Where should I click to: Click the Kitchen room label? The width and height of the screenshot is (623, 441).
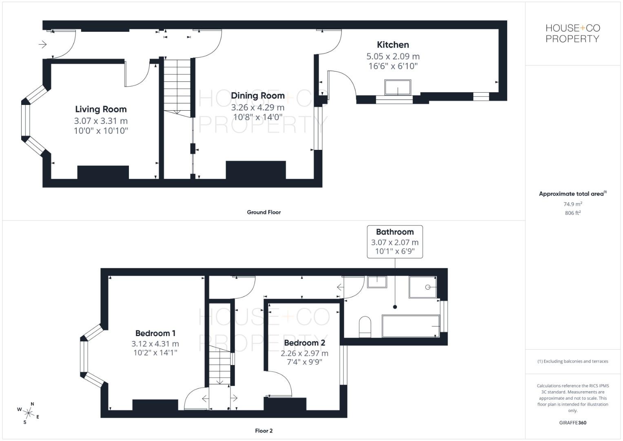(x=392, y=45)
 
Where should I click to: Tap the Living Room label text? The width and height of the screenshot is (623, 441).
(x=101, y=109)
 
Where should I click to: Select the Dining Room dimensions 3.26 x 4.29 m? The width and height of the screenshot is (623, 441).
(x=257, y=108)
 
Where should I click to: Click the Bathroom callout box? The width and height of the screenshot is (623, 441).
(x=395, y=242)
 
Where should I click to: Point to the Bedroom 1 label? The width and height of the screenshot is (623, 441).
(x=155, y=333)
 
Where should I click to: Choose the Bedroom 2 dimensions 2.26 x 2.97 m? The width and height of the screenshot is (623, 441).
(x=304, y=353)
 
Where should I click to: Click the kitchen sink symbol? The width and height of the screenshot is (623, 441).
(x=397, y=87)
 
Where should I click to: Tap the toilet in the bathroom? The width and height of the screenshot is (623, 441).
(x=365, y=326)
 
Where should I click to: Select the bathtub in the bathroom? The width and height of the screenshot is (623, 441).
(x=410, y=326)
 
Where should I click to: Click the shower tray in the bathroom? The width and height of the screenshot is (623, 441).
(x=423, y=287)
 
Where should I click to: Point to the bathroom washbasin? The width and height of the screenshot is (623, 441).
(x=377, y=282)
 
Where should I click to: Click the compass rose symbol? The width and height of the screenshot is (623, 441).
(x=29, y=413)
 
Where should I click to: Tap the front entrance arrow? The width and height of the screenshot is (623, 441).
(x=42, y=44)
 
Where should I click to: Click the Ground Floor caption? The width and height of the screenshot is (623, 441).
(x=264, y=212)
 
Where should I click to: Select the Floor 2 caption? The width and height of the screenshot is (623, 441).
(x=264, y=431)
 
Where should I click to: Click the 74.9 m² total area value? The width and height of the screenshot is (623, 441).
(x=572, y=204)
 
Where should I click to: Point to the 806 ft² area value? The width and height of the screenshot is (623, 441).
(x=572, y=213)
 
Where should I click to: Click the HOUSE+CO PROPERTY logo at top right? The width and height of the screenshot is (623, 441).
(x=572, y=33)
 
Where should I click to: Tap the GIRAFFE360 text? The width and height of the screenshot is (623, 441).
(x=572, y=423)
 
